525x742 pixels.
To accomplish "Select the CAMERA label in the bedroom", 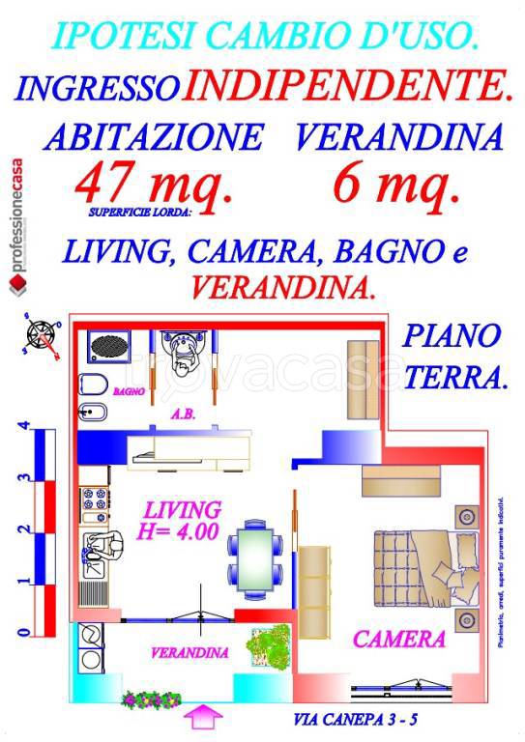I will coord(398,639).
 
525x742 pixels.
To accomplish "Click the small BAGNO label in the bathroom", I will coord(128,392).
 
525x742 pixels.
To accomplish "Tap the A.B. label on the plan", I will coord(184,414).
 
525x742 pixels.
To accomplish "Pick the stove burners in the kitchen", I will coord(97,501).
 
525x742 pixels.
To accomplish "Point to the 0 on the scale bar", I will coord(22,633).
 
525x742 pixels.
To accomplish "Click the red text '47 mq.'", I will coord(155,183).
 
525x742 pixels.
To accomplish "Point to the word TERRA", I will coord(454,378).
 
